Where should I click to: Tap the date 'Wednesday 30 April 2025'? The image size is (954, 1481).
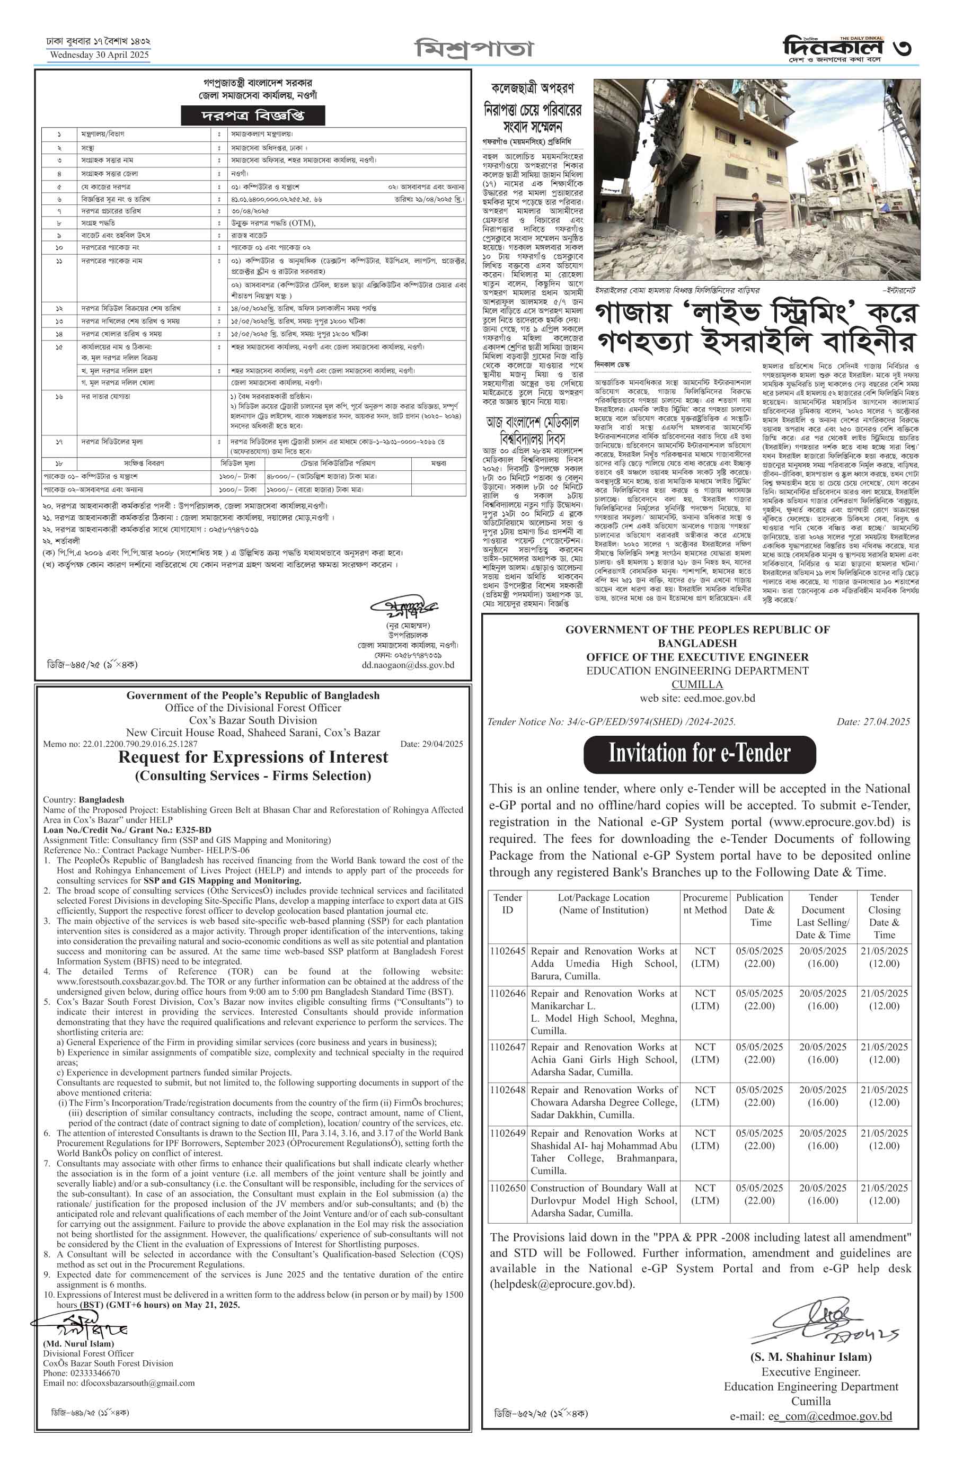[99, 55]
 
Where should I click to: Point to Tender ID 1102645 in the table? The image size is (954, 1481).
[507, 951]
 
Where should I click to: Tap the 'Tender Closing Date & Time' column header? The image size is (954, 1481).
[884, 916]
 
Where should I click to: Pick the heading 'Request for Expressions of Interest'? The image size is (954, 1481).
[253, 757]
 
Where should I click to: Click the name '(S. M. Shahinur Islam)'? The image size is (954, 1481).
[811, 1357]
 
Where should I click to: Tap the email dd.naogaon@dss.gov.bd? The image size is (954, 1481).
[408, 665]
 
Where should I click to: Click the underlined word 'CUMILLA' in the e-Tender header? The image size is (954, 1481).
[697, 684]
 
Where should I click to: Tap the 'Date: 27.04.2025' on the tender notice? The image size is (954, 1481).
[873, 722]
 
